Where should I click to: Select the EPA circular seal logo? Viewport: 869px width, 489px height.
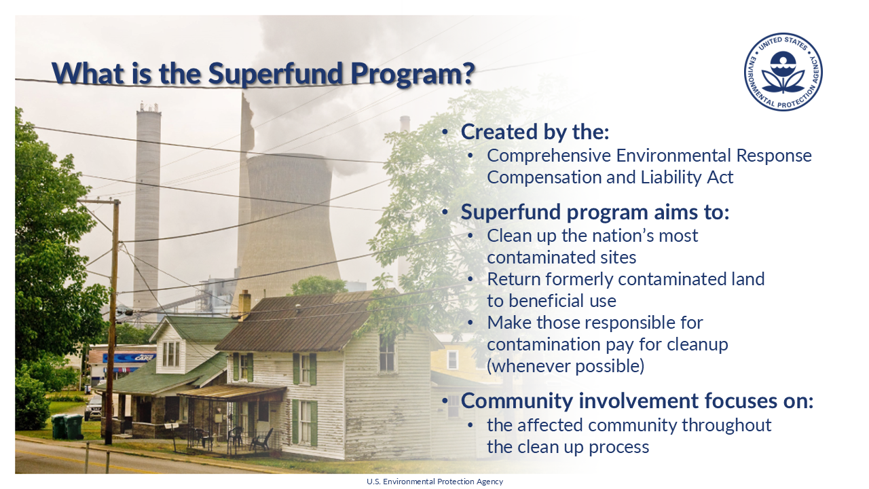[x=783, y=72]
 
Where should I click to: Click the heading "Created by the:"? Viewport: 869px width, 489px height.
[x=535, y=132]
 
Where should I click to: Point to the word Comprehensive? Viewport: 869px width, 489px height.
[x=549, y=156]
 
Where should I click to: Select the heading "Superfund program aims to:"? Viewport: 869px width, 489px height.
[x=595, y=212]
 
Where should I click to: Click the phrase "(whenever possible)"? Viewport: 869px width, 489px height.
[x=565, y=366]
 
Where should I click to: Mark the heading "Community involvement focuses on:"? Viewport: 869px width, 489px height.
[x=637, y=401]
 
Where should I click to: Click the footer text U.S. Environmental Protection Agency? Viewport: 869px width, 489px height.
[x=434, y=482]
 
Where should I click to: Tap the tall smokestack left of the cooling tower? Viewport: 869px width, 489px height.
[x=147, y=204]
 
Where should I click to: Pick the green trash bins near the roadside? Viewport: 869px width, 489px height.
[x=67, y=426]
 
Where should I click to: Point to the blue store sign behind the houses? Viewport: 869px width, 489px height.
[x=129, y=357]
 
